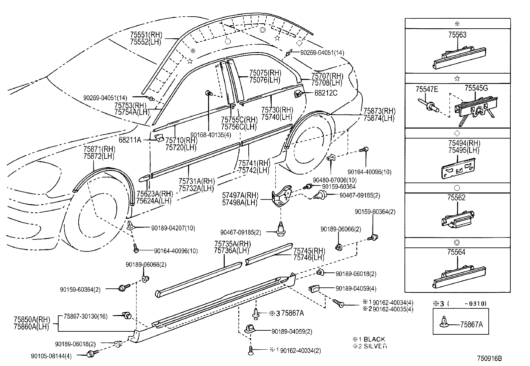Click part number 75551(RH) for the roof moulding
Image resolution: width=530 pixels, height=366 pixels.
[145, 35]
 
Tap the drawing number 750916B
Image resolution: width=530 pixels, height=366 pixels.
[489, 359]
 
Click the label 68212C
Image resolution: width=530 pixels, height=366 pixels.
[326, 93]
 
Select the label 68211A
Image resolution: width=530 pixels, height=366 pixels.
[130, 140]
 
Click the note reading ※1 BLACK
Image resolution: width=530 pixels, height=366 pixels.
[369, 339]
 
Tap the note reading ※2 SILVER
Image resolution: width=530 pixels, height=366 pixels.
[370, 346]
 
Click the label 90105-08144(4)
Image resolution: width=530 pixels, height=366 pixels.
[54, 355]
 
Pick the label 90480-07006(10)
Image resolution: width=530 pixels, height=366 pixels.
[330, 180]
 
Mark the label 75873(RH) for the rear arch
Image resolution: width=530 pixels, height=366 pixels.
[379, 111]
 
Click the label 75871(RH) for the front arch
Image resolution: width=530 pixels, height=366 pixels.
[99, 149]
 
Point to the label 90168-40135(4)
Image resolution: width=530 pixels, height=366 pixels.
[209, 134]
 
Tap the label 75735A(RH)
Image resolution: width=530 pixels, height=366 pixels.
[232, 244]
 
